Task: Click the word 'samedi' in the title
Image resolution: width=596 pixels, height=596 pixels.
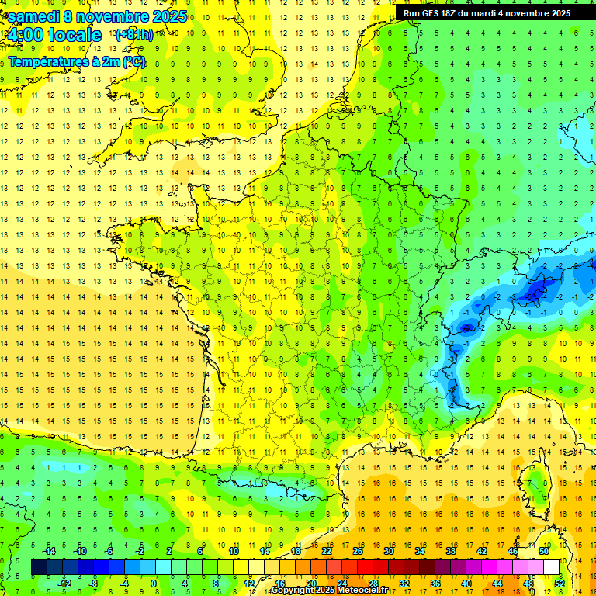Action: (x=34, y=16)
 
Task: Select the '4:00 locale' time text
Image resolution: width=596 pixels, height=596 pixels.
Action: (x=53, y=35)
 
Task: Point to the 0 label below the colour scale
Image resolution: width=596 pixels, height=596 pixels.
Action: (x=154, y=584)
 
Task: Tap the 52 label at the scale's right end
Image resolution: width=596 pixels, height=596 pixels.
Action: (x=560, y=584)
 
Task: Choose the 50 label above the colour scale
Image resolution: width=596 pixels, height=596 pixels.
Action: (x=543, y=551)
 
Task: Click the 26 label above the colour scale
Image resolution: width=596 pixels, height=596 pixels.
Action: (x=358, y=551)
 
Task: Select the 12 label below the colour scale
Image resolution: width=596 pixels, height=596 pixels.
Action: (x=248, y=584)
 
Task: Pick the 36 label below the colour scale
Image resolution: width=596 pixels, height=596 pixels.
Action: (x=435, y=584)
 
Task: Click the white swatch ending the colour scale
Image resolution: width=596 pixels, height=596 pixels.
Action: (x=551, y=567)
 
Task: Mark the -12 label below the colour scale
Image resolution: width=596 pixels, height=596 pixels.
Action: (x=65, y=584)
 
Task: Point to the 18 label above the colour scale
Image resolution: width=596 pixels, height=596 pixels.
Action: (x=296, y=551)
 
